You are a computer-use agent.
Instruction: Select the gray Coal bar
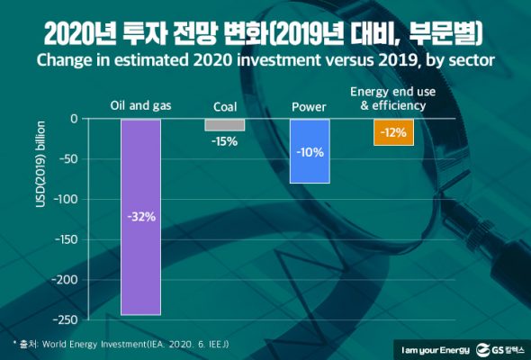click(224, 124)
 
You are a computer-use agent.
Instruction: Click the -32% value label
click(140, 216)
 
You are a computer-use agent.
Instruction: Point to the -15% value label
click(224, 141)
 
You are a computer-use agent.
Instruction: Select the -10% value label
click(309, 151)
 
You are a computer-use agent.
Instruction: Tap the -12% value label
click(393, 132)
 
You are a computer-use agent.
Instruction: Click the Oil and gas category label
click(140, 106)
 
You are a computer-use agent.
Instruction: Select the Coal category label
click(224, 106)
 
